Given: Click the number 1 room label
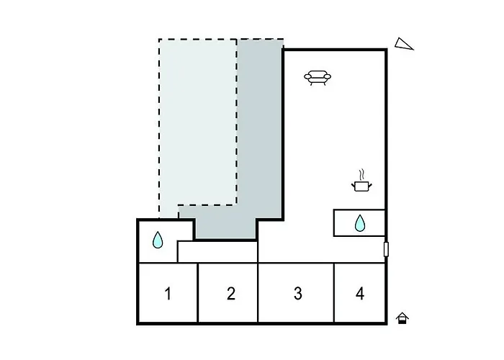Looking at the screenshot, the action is [x=168, y=294].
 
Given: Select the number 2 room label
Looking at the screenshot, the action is [x=231, y=294].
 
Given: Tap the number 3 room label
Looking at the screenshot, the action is [x=298, y=294].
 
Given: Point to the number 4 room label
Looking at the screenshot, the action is [x=360, y=294].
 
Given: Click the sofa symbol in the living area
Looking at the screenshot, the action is [x=318, y=78].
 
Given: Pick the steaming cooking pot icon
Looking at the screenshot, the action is [x=362, y=181].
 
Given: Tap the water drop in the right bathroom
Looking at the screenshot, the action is [x=360, y=223].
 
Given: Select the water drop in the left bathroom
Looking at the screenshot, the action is [x=158, y=240].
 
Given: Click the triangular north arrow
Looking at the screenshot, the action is [x=404, y=44].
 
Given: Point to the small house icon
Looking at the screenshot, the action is [x=402, y=318].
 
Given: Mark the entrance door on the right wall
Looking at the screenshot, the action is [x=386, y=249].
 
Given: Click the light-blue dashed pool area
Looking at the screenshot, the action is [x=198, y=122].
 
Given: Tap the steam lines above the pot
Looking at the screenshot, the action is [x=362, y=174].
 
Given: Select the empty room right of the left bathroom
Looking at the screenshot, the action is [x=217, y=252].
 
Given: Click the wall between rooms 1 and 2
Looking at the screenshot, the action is [x=197, y=293].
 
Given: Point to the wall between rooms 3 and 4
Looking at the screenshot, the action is [x=334, y=293].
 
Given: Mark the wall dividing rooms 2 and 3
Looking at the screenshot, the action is [x=258, y=293].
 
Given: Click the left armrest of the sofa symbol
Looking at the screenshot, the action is [x=307, y=77].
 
